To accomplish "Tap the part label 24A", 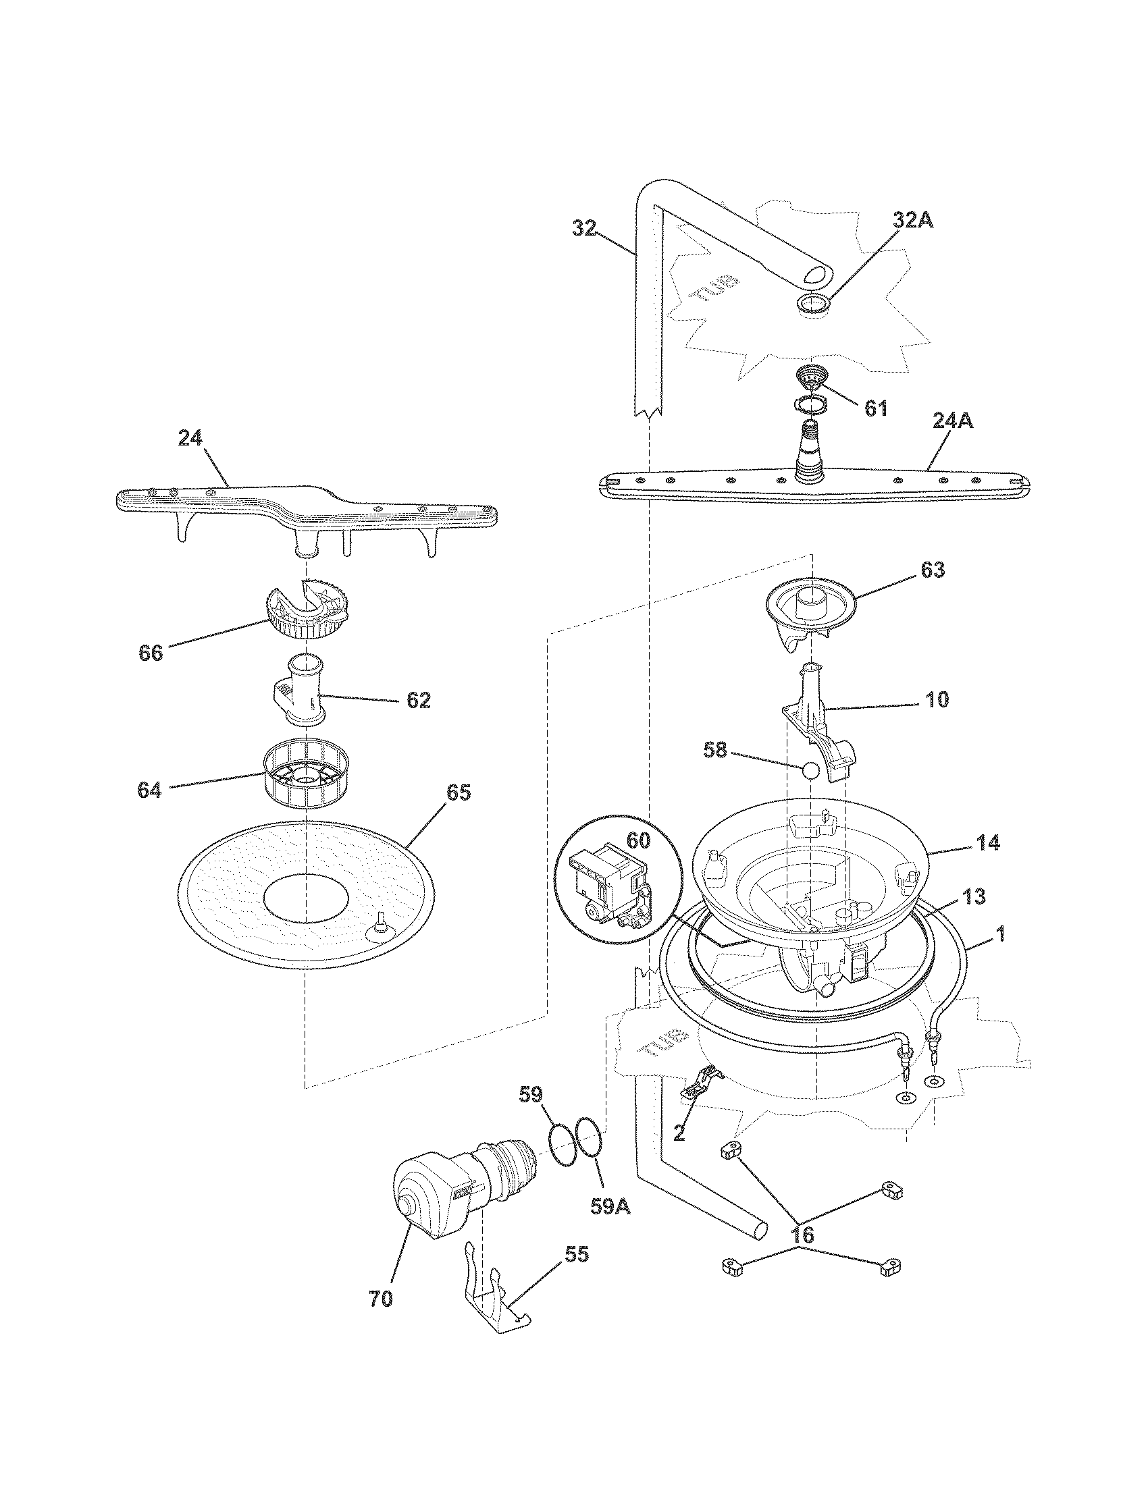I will [951, 422].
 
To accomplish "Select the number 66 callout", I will [151, 653].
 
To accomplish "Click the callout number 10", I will [937, 699].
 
